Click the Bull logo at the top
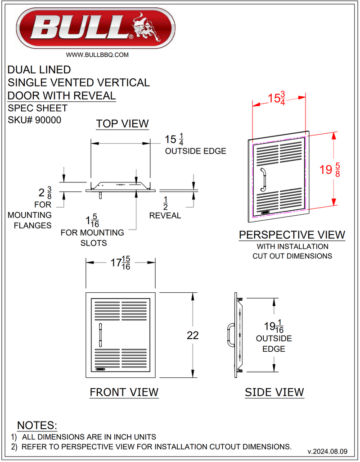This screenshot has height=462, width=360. [x=95, y=28]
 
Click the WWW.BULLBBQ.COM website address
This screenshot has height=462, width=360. [x=98, y=55]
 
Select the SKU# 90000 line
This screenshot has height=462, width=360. [x=35, y=120]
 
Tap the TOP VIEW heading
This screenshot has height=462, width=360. [x=122, y=124]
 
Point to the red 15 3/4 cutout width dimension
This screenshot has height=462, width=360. [x=279, y=99]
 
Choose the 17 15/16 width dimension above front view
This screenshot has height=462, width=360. [x=121, y=263]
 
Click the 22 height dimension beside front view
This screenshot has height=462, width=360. [x=193, y=335]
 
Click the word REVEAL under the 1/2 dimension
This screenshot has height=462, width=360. [x=165, y=216]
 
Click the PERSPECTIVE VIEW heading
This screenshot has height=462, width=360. [x=292, y=235]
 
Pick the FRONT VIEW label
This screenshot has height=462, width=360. [x=124, y=392]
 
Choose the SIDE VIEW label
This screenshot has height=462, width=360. [x=274, y=393]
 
